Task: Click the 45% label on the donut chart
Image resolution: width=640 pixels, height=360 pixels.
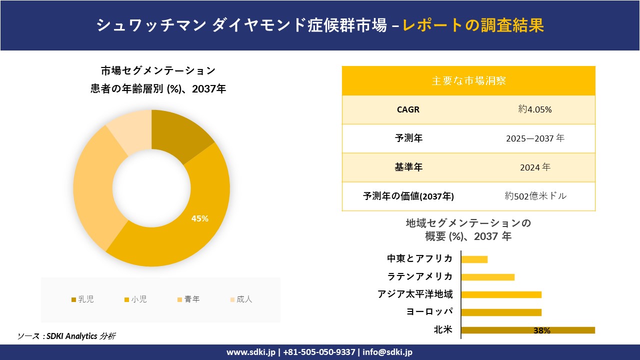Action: pos(200,218)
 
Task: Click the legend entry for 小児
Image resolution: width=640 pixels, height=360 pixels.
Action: pos(135,299)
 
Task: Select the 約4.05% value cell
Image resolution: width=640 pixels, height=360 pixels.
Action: pos(535,109)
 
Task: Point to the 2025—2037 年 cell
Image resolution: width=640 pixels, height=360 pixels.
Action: pos(535,138)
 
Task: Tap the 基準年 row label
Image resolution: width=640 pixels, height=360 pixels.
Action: pos(408,167)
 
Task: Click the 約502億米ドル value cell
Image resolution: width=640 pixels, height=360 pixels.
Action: pos(535,196)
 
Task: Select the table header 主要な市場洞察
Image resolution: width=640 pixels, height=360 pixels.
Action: pos(468,80)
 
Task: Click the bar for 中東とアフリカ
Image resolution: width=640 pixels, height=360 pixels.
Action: pos(474,259)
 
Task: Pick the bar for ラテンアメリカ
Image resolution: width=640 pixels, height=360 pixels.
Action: pos(487,277)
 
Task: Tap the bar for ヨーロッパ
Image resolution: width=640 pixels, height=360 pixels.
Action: pos(501,312)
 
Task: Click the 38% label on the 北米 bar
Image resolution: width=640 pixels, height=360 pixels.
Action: pos(541,330)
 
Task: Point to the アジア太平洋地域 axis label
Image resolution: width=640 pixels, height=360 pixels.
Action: pos(415,294)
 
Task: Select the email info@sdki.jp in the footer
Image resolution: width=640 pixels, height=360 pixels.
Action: pos(387,352)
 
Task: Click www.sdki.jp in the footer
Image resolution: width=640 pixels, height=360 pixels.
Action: pos(250,352)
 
